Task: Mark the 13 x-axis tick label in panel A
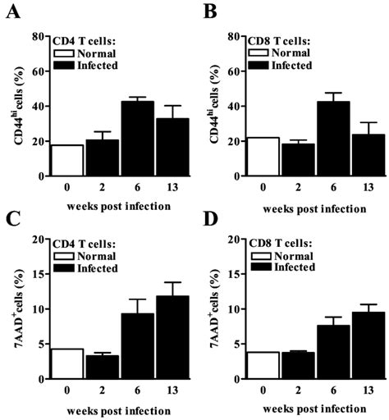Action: click(x=152, y=187)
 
